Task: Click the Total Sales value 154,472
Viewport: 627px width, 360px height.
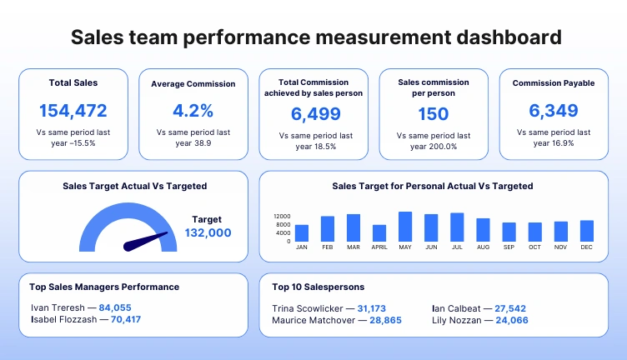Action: click(x=73, y=111)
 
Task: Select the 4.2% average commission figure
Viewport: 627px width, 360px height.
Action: click(x=193, y=111)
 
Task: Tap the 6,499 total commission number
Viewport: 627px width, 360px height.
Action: click(x=316, y=114)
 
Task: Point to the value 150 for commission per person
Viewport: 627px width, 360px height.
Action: click(x=433, y=114)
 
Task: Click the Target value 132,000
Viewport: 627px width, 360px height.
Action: click(x=208, y=233)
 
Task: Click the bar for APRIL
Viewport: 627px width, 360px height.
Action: click(x=379, y=233)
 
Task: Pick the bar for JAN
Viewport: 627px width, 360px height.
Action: click(x=302, y=233)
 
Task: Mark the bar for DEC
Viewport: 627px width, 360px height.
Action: click(x=587, y=231)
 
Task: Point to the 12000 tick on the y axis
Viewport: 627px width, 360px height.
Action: click(x=282, y=216)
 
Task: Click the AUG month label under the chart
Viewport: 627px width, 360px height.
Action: click(x=483, y=247)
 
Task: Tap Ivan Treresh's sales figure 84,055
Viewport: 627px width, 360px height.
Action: click(x=115, y=307)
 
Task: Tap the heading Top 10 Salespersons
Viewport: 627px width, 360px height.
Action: click(x=318, y=287)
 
